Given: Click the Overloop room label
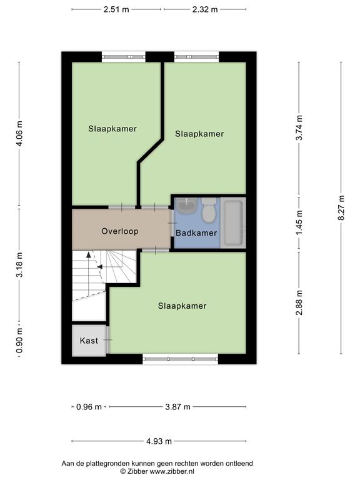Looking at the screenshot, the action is coord(120,231).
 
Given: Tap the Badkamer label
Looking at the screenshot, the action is coord(196,233).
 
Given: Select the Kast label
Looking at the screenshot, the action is coord(89,341).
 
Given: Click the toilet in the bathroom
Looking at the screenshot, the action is coord(209,210).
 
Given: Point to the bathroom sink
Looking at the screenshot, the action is coord(187,206).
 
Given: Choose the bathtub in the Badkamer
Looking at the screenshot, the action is coord(233,222).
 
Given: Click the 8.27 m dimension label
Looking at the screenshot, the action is coord(341,208).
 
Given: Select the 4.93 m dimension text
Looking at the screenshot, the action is coord(159,441).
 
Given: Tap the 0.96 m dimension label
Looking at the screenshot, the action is coord(89,407).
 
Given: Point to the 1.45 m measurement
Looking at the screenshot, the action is coord(299,222).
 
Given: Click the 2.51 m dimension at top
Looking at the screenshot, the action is coord(116,9).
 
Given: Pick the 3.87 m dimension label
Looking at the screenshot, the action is coord(177,407).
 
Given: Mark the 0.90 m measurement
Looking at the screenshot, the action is coord(19,339).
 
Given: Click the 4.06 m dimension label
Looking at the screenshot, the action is coord(19,134).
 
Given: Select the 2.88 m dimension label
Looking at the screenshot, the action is coord(299,302).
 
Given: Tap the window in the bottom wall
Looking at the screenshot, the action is coord(180,359).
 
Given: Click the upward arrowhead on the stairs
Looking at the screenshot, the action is coord(89,254).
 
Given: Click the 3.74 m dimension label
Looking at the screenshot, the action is coord(299,127).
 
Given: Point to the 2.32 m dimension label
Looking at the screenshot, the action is coord(205,9).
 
